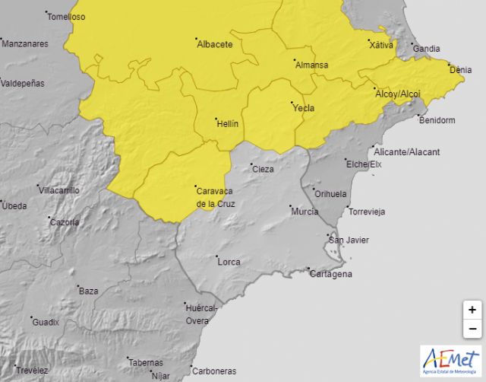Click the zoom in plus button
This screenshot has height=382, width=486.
(x=472, y=310)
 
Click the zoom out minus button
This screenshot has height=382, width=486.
(x=472, y=329)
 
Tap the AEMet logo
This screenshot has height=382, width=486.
(x=450, y=360)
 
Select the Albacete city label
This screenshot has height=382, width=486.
(x=214, y=45)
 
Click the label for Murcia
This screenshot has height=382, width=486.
(x=304, y=211)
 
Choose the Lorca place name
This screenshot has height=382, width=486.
(x=229, y=263)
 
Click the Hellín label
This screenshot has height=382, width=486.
(x=227, y=123)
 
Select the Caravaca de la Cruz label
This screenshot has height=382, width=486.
(x=215, y=197)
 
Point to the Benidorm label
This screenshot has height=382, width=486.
(x=437, y=120)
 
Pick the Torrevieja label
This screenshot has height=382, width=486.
(x=368, y=211)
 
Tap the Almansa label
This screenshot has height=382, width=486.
(x=311, y=65)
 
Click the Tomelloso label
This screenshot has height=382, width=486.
(x=66, y=17)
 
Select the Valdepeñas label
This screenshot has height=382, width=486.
(x=23, y=84)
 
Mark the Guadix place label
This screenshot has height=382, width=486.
(x=46, y=323)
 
